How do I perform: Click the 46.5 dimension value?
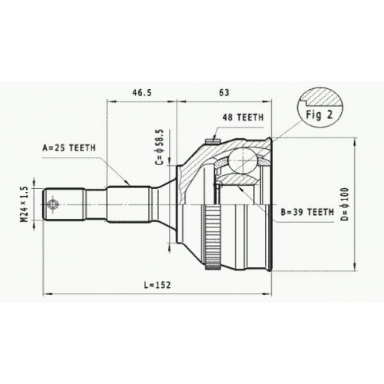142,92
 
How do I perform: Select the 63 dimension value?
224,92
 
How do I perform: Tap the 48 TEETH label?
243,118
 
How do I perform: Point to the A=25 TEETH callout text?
69,147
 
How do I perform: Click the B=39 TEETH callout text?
307,212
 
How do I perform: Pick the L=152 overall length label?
157,285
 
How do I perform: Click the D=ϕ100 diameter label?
346,204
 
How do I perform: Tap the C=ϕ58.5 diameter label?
160,147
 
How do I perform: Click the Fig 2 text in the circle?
319,114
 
